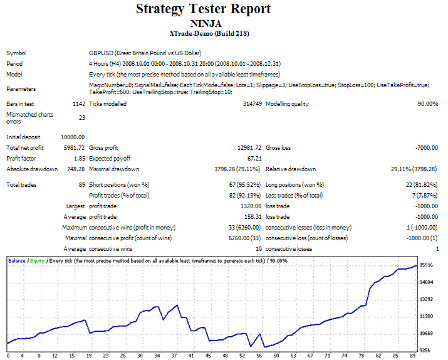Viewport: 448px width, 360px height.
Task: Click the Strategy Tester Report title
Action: point(203,9)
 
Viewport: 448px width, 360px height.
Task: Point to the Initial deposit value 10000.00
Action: point(73,137)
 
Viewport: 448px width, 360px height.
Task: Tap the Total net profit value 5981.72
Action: point(75,147)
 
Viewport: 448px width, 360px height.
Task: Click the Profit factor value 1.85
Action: point(78,158)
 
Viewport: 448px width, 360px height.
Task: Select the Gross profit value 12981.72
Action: point(248,147)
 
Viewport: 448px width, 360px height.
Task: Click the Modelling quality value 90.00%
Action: point(426,104)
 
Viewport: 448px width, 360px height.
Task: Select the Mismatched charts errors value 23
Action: point(81,117)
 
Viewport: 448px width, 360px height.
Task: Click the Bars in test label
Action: point(21,104)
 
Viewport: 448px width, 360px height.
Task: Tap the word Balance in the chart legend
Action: point(17,259)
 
